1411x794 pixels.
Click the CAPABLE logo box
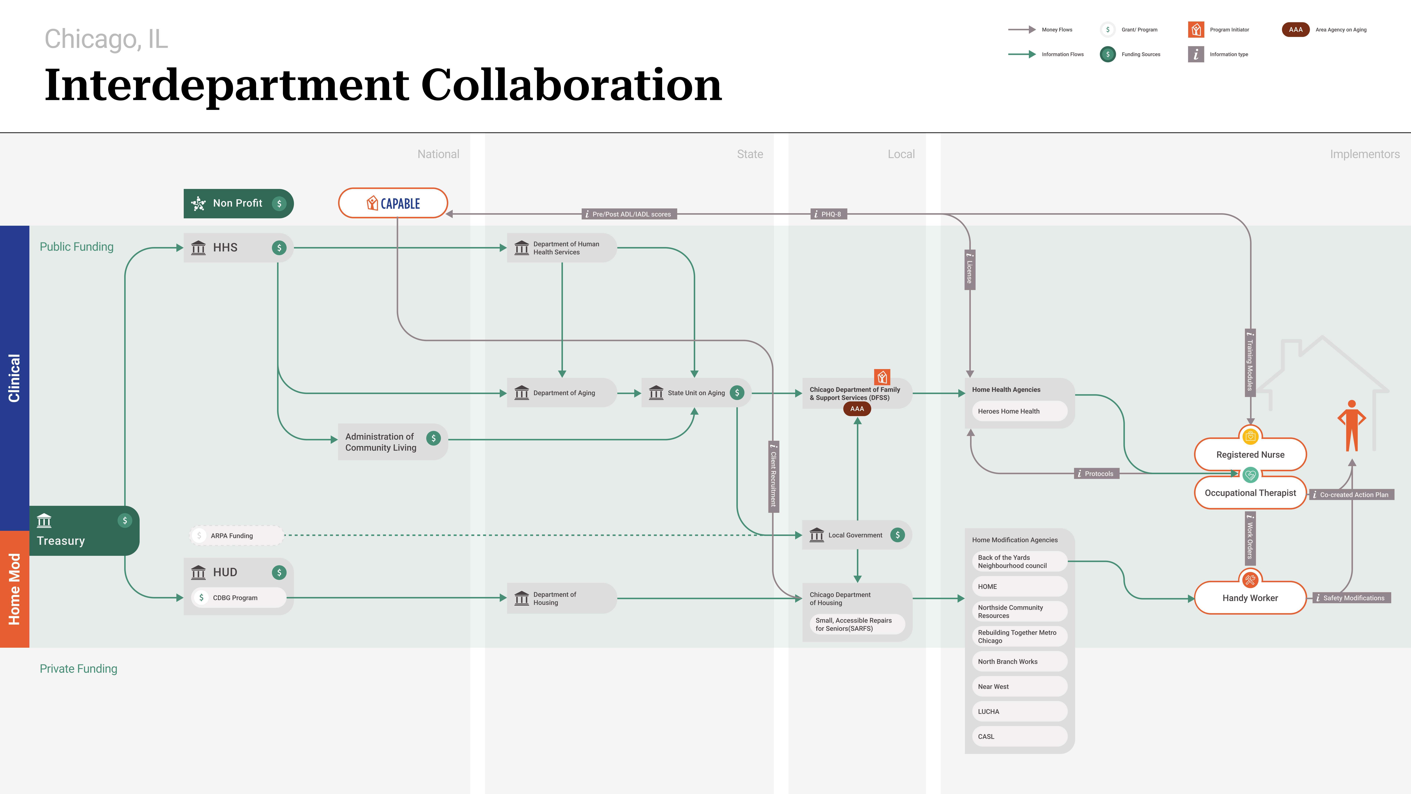[393, 203]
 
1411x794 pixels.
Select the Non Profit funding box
[238, 203]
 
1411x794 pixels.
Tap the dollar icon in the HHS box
[279, 248]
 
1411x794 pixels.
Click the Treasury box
[84, 530]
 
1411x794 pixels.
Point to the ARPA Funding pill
[237, 535]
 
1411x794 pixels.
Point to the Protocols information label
[1097, 473]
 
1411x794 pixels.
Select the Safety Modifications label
[1351, 598]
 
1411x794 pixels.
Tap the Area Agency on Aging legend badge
[1295, 30]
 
